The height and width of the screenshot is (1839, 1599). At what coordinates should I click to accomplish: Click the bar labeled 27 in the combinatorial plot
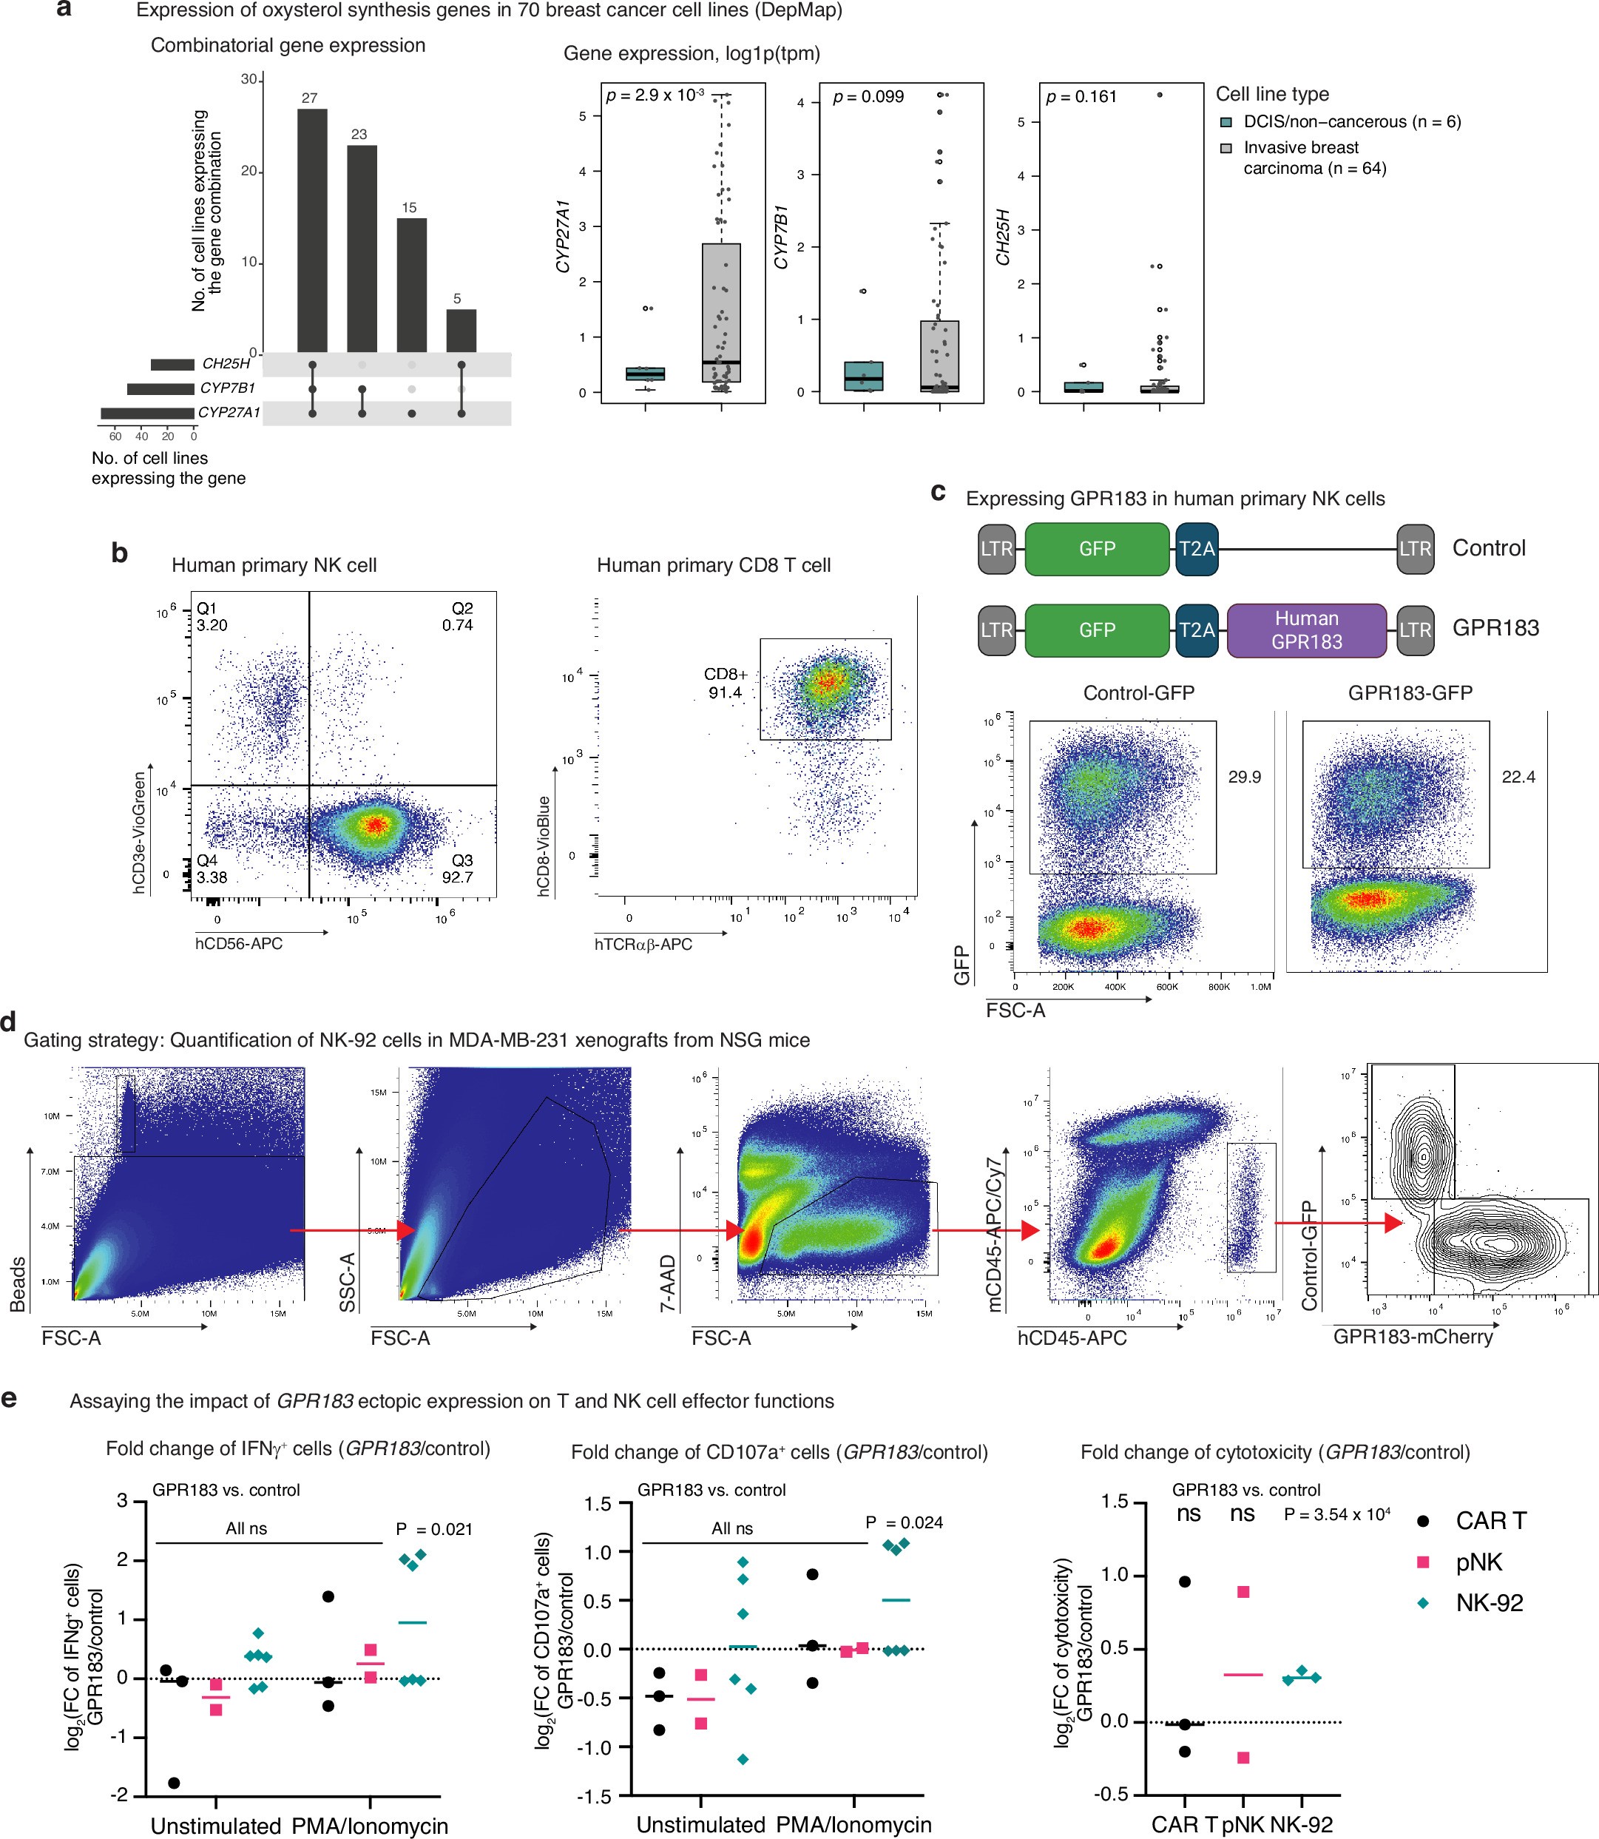[x=311, y=230]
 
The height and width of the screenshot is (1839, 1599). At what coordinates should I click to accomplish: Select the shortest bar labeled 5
[x=462, y=331]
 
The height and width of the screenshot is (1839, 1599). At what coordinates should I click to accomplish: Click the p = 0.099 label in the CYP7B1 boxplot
[x=868, y=96]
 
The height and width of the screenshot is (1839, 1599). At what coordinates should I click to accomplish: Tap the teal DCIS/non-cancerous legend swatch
[x=1226, y=122]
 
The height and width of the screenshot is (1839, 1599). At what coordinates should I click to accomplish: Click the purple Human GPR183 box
[x=1306, y=630]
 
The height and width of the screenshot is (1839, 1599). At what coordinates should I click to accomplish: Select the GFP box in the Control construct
[x=1097, y=549]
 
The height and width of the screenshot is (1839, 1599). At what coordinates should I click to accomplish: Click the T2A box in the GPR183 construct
[x=1197, y=630]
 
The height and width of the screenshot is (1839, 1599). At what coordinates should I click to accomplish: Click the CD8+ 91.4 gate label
[x=726, y=684]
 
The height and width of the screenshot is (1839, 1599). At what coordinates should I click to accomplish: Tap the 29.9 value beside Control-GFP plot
[x=1244, y=777]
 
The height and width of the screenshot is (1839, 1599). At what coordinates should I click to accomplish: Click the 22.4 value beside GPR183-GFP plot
[x=1518, y=777]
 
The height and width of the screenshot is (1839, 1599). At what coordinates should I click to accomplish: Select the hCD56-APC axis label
[x=238, y=943]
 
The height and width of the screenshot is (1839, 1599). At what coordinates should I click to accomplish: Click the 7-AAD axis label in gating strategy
[x=669, y=1283]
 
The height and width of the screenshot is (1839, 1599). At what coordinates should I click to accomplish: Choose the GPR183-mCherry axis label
[x=1413, y=1336]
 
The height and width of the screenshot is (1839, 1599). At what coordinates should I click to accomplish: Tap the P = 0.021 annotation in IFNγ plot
[x=433, y=1529]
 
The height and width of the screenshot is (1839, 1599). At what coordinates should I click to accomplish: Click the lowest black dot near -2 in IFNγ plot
[x=174, y=1783]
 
